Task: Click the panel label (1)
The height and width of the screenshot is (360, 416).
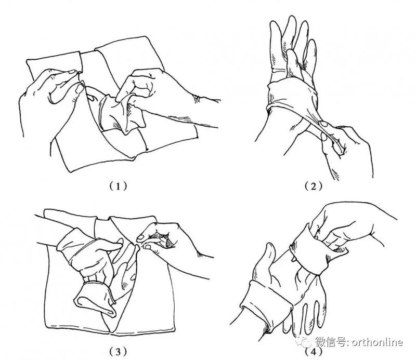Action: (x=118, y=186)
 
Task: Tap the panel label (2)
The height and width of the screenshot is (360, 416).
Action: (x=314, y=186)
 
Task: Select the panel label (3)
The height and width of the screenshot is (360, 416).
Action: (x=118, y=352)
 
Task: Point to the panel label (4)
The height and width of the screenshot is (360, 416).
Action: (x=314, y=352)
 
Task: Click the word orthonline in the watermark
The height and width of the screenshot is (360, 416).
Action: (x=378, y=342)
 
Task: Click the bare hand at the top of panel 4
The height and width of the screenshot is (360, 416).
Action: (x=350, y=225)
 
